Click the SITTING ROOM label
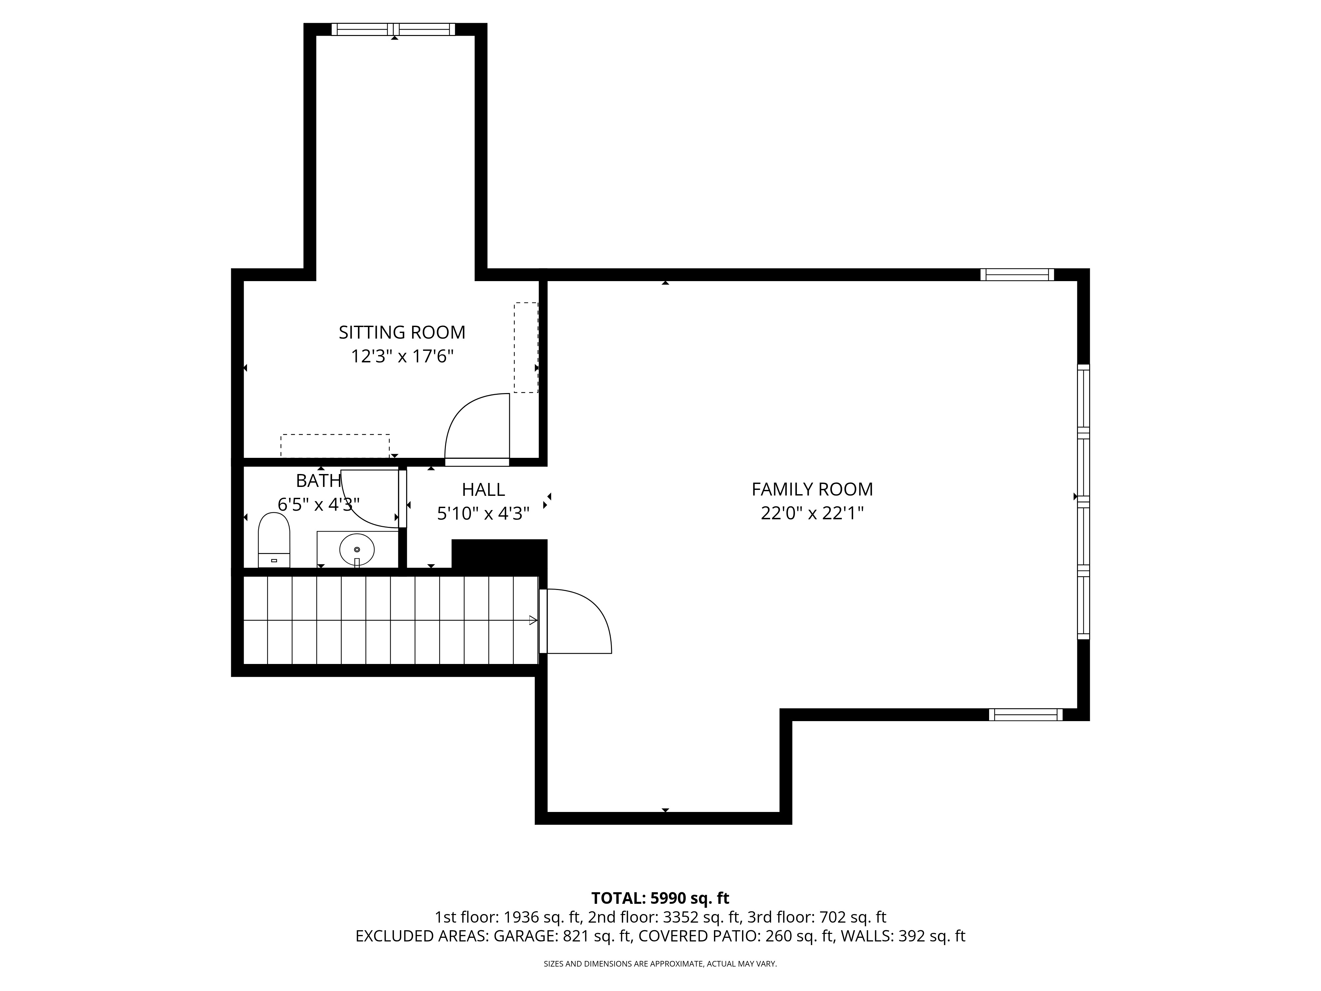point(402,332)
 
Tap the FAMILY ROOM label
point(812,489)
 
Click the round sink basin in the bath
point(357,549)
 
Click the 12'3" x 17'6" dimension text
point(402,357)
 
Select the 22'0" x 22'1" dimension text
point(812,513)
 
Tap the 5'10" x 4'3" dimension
point(483,514)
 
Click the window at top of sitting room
point(393,29)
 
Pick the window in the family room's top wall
point(1017,275)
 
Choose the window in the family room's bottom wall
point(1025,715)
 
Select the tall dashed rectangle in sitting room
point(525,348)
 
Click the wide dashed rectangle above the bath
point(335,446)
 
